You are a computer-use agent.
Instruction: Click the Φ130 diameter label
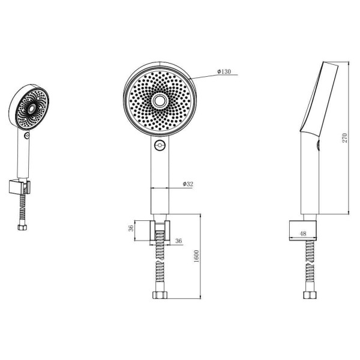(224, 71)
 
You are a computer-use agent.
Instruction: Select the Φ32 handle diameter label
(188, 184)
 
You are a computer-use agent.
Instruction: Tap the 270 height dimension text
(345, 138)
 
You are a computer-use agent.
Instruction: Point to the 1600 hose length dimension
(197, 256)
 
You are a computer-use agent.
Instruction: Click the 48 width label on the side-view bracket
(303, 233)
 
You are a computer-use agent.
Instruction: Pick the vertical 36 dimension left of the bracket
(131, 228)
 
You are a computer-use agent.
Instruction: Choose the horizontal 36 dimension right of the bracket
(179, 241)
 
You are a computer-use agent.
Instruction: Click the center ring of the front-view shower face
(159, 101)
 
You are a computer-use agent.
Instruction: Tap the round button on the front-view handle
(160, 145)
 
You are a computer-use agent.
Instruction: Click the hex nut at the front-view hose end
(160, 295)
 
